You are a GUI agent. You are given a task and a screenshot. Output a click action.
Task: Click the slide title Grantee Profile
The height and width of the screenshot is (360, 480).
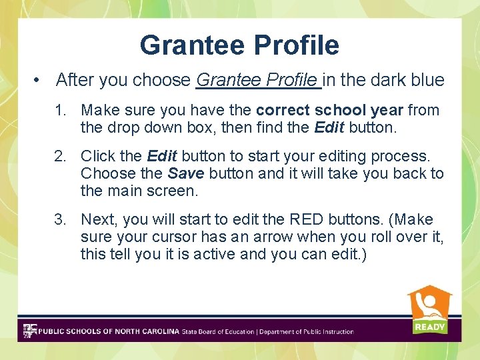pos(239,45)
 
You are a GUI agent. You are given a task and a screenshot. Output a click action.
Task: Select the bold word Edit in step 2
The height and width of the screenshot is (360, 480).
pos(161,156)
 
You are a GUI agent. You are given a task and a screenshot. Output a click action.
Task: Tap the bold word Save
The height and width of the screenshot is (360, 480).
pos(186,173)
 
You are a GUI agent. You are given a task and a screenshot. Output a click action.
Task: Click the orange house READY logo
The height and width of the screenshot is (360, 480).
pos(429,310)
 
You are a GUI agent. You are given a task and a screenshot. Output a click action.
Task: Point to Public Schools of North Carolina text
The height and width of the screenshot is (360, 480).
pos(109,331)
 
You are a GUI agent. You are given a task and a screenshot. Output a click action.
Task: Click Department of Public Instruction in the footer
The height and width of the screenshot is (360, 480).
pos(307,331)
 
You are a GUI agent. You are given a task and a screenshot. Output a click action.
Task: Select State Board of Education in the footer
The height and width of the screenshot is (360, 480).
pos(218,331)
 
